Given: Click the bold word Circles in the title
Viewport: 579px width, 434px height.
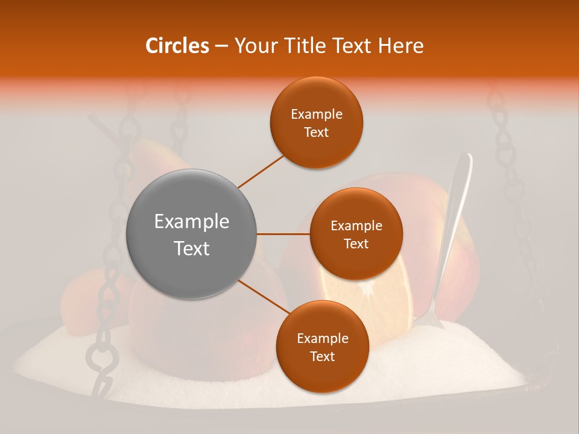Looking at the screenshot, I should (177, 46).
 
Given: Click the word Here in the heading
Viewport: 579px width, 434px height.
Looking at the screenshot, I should (400, 46).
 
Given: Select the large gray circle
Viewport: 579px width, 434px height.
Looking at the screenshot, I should (192, 234).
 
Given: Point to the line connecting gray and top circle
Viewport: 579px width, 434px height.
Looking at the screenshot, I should (261, 170).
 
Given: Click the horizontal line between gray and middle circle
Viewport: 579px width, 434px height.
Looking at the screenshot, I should (283, 234).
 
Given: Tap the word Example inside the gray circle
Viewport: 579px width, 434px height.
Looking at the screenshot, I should (192, 222).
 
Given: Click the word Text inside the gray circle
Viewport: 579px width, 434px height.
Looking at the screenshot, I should (192, 248).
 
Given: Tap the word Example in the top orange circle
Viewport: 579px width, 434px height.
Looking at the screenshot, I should (317, 115).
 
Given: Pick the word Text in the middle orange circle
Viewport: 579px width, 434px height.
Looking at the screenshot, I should (356, 244).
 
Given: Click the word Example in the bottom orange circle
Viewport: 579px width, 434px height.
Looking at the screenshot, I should (322, 339).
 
